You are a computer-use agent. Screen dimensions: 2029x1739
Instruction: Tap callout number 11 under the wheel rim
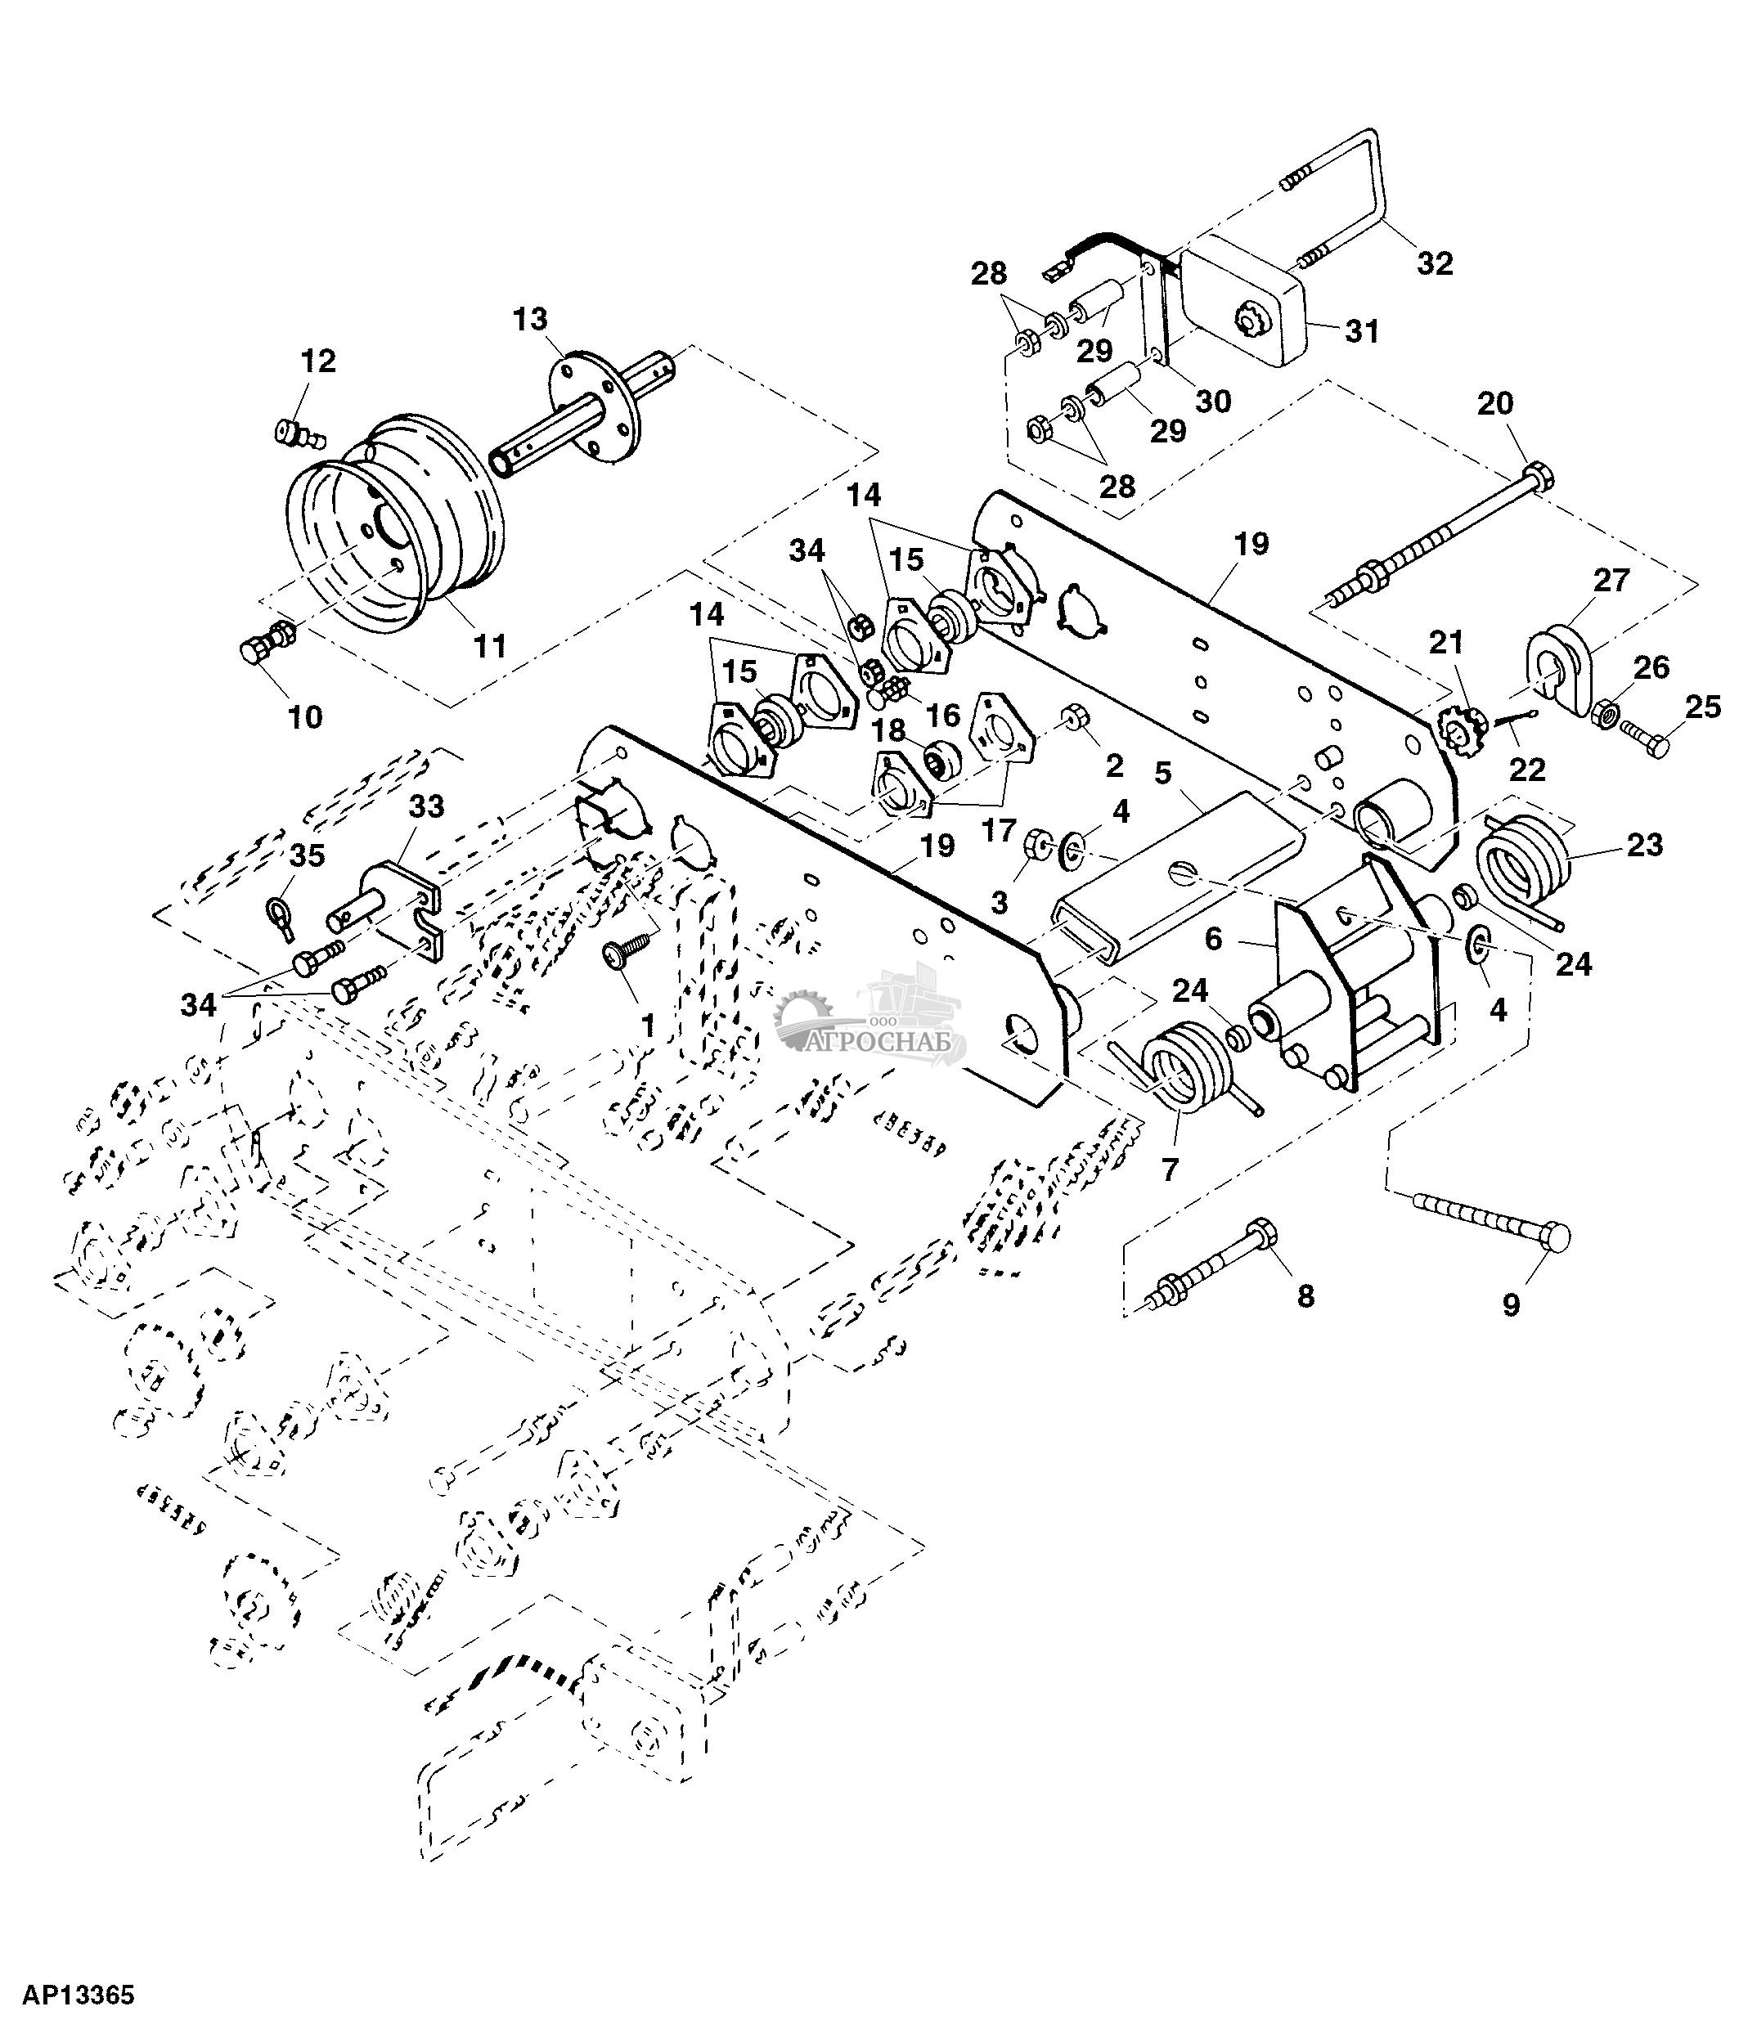490,645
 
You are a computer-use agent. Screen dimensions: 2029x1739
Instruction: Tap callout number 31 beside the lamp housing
1362,331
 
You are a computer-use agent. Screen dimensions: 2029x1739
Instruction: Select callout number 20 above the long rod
1495,403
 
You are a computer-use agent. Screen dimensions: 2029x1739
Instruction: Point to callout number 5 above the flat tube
1162,773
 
